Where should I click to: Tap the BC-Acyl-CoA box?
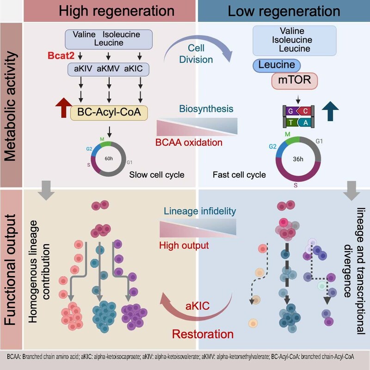pyautogui.click(x=109, y=112)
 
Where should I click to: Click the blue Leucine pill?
pyautogui.click(x=277, y=66)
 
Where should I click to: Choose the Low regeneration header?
pyautogui.click(x=284, y=10)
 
